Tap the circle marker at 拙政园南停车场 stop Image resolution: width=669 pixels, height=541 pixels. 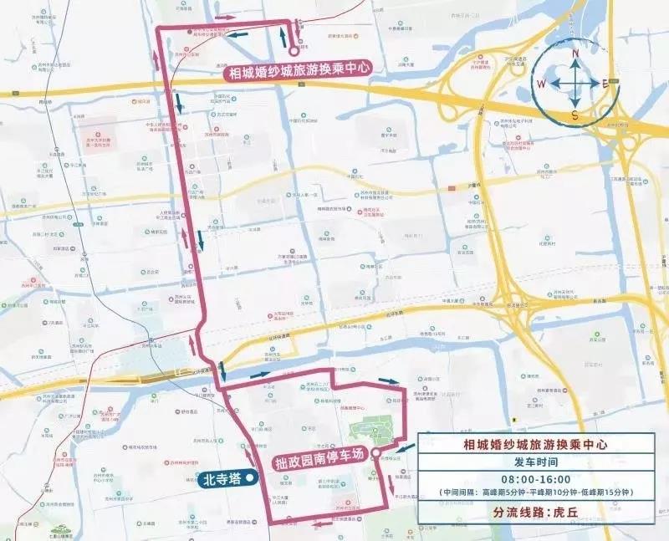pyautogui.click(x=378, y=456)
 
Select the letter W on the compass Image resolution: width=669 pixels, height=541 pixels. pyautogui.click(x=542, y=84)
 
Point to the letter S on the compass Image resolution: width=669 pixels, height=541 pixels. pyautogui.click(x=575, y=115)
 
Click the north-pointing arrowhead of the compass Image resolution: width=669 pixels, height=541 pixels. pyautogui.click(x=575, y=66)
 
